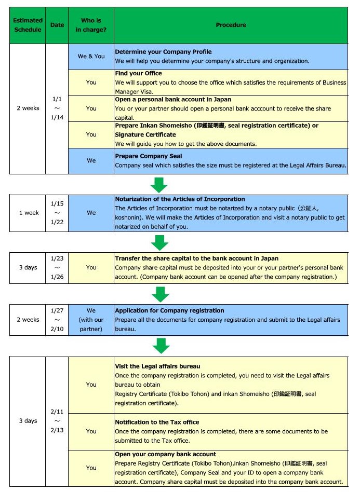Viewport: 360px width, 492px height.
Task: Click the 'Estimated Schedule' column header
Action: [x=28, y=25]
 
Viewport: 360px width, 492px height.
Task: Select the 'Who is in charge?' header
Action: [x=91, y=25]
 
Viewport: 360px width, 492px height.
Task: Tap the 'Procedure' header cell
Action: [x=231, y=25]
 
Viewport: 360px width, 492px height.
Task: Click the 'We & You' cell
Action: [x=91, y=56]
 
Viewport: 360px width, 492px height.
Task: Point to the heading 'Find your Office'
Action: [x=138, y=74]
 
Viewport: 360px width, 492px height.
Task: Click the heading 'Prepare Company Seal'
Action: [x=148, y=156]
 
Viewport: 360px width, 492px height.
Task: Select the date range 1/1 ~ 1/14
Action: [x=57, y=108]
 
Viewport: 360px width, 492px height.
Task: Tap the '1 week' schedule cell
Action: [x=28, y=213]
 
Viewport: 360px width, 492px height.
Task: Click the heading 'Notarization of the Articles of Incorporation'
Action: [x=180, y=199]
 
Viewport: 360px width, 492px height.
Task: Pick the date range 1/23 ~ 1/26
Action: [x=57, y=267]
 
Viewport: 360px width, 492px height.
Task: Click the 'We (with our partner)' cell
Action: [x=91, y=320]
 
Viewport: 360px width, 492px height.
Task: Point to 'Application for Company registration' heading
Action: [x=169, y=311]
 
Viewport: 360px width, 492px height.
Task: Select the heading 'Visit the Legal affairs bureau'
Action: [x=157, y=366]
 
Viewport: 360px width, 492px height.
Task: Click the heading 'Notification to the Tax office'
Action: [x=157, y=422]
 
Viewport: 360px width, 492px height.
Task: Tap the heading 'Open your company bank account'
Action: [x=165, y=454]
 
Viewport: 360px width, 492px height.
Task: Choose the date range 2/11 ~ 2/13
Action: [x=57, y=420]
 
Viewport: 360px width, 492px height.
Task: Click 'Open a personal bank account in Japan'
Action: [x=173, y=100]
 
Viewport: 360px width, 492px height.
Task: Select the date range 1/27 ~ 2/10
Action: [x=57, y=320]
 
